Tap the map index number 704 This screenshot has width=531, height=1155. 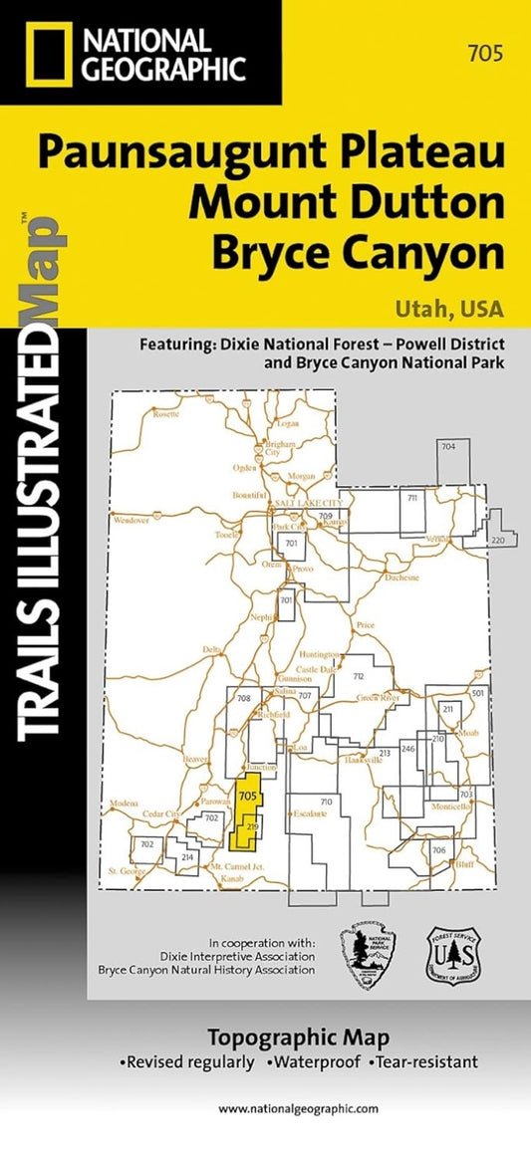click(x=448, y=447)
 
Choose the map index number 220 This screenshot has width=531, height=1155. click(x=499, y=541)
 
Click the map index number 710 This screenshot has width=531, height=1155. click(x=324, y=802)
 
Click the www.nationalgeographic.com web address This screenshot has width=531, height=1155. click(x=298, y=1108)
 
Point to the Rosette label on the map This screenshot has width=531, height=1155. click(x=165, y=414)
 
